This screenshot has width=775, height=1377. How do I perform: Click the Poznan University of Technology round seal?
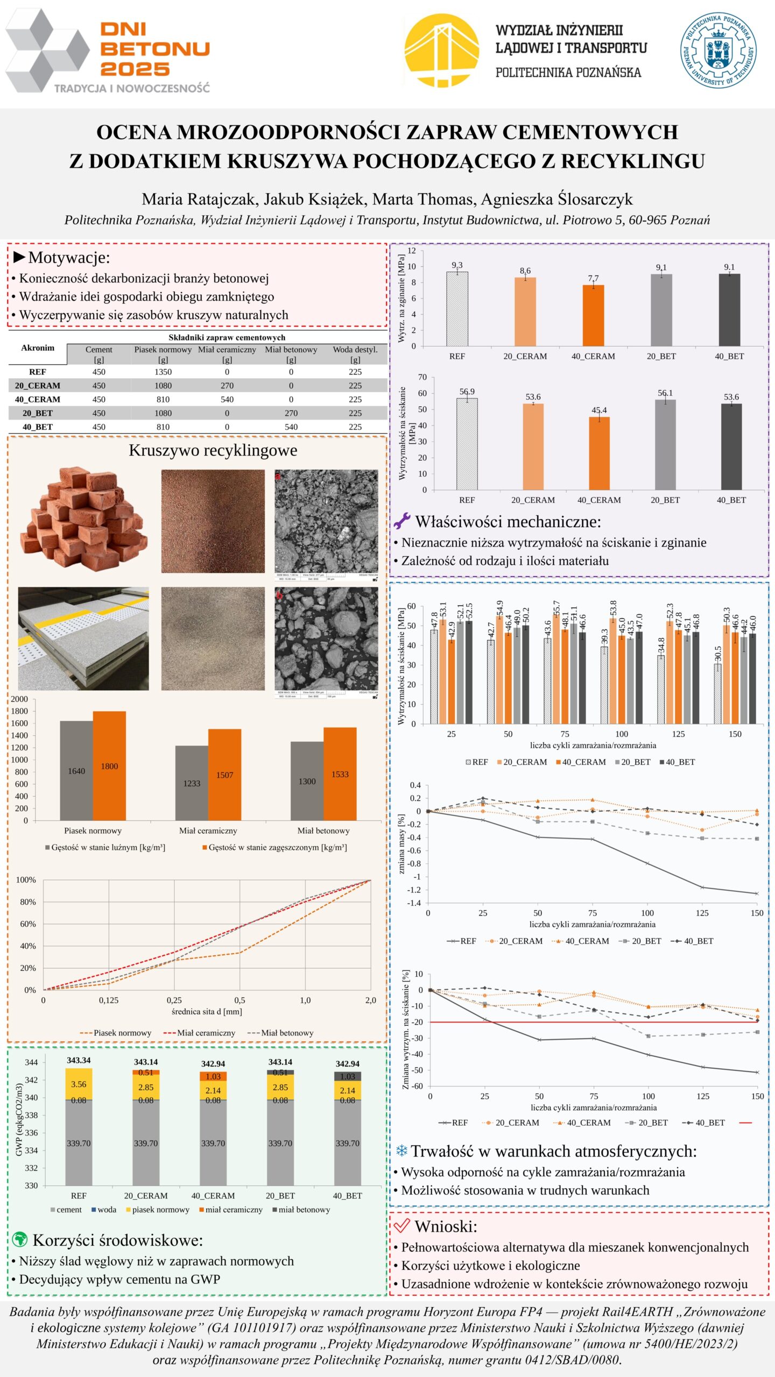click(x=718, y=51)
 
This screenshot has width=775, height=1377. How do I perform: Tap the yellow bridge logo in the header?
click(x=441, y=51)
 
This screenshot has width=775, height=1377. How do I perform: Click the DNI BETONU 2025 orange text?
click(x=155, y=49)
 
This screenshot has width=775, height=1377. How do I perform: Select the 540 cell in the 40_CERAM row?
click(x=227, y=400)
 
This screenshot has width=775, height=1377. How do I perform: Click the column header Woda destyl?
click(x=355, y=350)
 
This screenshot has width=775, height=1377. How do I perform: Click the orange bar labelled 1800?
click(x=109, y=765)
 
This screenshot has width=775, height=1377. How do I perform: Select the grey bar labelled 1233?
click(x=192, y=783)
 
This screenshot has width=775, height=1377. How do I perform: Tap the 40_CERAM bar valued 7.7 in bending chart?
click(x=593, y=316)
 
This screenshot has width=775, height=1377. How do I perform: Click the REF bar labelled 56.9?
click(x=467, y=444)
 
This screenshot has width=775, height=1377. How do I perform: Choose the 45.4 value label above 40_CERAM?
click(x=599, y=410)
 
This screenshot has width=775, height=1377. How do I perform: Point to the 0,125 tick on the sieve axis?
click(x=109, y=1000)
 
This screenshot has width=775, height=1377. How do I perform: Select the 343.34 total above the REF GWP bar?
click(x=79, y=1060)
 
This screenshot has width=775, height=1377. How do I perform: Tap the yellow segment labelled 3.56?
click(x=79, y=1084)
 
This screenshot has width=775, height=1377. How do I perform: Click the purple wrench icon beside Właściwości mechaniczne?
click(x=401, y=521)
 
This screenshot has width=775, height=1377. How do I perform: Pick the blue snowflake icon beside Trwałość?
click(x=401, y=1151)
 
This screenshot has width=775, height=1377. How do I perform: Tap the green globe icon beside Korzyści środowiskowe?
click(x=19, y=1240)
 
